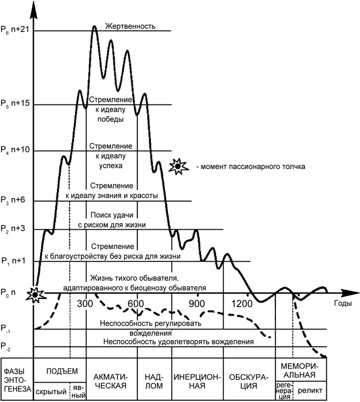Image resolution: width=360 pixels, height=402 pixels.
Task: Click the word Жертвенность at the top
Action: click(x=130, y=26)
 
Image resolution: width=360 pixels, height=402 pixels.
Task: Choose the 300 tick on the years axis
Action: click(x=85, y=303)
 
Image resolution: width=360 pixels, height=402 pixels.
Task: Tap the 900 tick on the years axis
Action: click(x=197, y=303)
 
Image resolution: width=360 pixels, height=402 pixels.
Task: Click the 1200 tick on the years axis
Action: click(x=242, y=303)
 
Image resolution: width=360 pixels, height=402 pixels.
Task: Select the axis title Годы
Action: click(x=343, y=304)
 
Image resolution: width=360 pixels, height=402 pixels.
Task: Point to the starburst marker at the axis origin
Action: click(x=35, y=294)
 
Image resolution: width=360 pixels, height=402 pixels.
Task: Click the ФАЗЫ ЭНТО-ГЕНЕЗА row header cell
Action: click(x=16, y=379)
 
